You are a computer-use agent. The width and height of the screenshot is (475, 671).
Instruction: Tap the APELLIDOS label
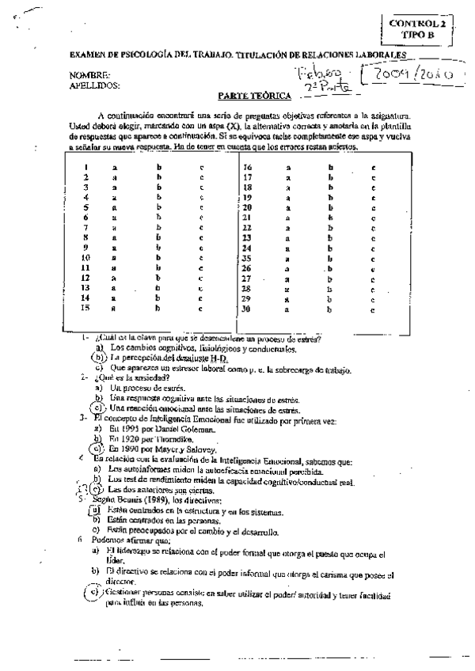[x=94, y=84]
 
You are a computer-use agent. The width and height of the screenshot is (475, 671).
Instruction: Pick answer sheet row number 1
[x=85, y=168]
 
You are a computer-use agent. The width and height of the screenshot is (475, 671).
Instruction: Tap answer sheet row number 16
[x=248, y=168]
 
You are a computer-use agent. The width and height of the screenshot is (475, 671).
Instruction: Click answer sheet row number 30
[x=248, y=309]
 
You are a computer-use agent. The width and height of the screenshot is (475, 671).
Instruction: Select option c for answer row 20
[x=373, y=207]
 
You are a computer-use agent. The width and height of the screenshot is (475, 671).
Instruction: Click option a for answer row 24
[x=288, y=248]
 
